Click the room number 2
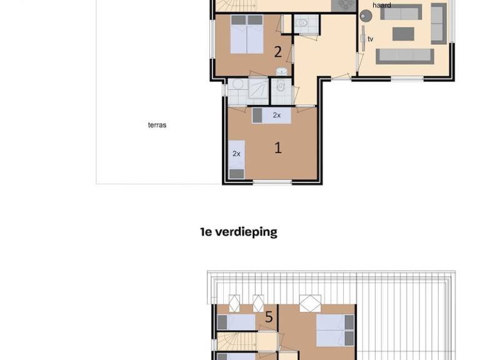[x=277, y=52]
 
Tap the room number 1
[x=278, y=148]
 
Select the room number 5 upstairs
[x=269, y=317]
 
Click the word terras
[x=157, y=125]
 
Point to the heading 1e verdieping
[x=239, y=232]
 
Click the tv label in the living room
[x=371, y=39]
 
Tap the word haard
[x=382, y=5]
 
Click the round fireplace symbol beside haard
[x=366, y=16]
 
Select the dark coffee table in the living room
[x=403, y=34]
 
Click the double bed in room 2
[x=247, y=34]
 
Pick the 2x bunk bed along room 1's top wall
[x=271, y=116]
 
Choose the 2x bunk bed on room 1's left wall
[x=237, y=159]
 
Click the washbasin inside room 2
[x=282, y=72]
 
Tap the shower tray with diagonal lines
[x=258, y=89]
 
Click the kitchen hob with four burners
[x=344, y=6]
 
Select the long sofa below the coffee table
[x=405, y=56]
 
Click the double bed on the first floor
[x=335, y=330]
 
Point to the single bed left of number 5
[x=236, y=322]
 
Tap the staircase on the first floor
[x=236, y=342]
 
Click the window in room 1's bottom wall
[x=272, y=182]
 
